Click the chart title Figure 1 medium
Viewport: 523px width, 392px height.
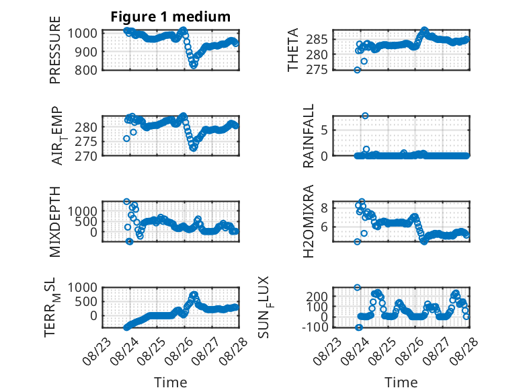pos(171,17)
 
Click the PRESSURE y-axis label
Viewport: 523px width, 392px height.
pos(55,50)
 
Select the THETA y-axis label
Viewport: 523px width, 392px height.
pos(293,50)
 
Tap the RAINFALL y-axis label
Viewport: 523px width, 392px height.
pos(308,136)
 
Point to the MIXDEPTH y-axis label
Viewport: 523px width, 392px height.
pos(55,222)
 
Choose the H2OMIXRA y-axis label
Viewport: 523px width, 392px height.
pos(308,221)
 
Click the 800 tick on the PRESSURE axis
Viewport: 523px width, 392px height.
pos(86,70)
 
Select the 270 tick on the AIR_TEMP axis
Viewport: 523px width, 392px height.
pos(86,156)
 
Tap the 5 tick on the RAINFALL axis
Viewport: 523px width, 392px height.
pos(324,130)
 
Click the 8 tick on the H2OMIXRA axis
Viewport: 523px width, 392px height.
pos(324,208)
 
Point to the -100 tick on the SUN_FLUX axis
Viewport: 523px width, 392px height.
pos(315,327)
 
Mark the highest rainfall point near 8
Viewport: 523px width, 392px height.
pos(365,116)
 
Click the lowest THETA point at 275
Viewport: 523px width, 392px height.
pos(357,70)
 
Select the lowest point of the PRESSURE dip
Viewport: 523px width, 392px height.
pos(194,66)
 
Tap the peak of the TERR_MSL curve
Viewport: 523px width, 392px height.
pos(194,295)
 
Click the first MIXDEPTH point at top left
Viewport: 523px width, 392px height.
pos(126,202)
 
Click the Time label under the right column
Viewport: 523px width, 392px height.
pos(401,383)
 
